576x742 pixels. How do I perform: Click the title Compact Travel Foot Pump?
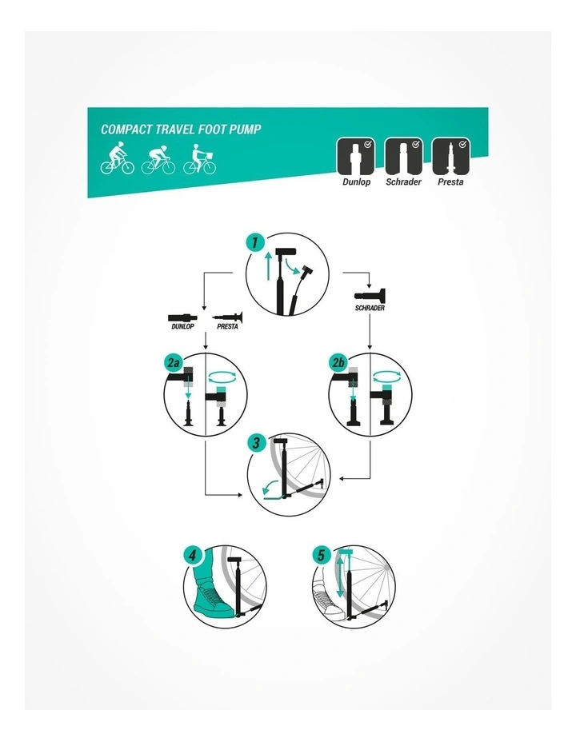(x=181, y=130)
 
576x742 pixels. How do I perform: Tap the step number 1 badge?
(x=255, y=242)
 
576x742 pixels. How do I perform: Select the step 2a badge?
(x=174, y=363)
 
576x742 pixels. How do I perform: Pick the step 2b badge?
(x=338, y=363)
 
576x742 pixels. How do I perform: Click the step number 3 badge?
(x=257, y=443)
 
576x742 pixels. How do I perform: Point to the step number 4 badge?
(x=192, y=555)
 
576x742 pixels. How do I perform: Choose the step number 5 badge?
(x=322, y=555)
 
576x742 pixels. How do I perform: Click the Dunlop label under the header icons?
(x=356, y=182)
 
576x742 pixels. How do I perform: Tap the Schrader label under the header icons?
(x=403, y=182)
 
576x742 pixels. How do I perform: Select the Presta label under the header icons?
(x=450, y=182)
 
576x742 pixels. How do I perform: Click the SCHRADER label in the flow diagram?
(x=370, y=308)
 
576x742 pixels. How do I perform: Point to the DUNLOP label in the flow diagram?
(x=182, y=326)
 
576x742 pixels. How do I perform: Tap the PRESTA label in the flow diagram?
(x=228, y=326)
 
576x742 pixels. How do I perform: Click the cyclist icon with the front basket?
(x=200, y=159)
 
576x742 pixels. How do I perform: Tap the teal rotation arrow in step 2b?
(x=387, y=377)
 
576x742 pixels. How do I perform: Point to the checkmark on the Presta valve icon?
(x=462, y=145)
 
